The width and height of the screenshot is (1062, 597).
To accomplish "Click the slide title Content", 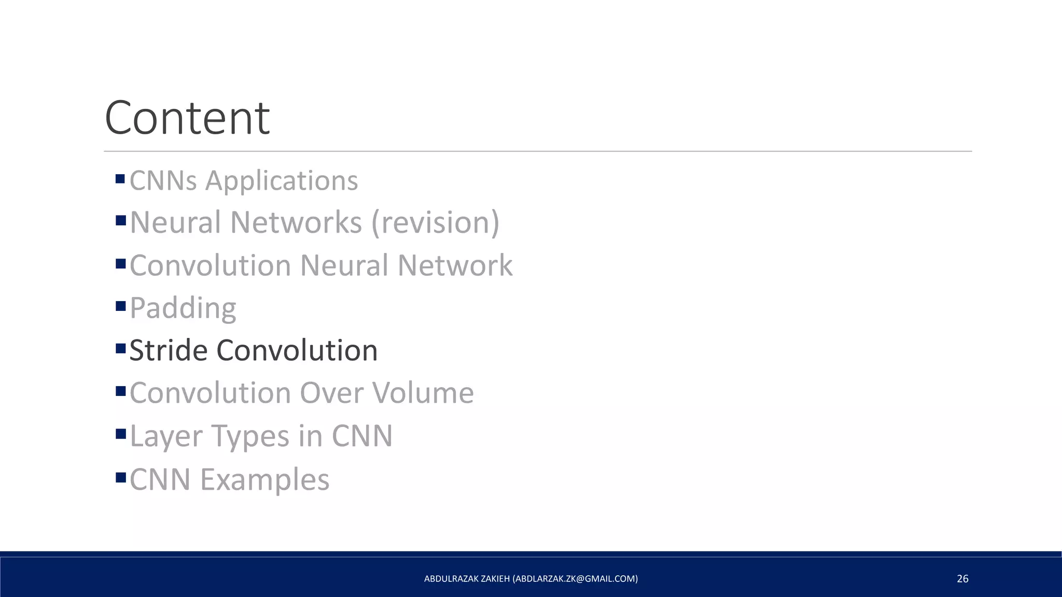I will click(x=187, y=118).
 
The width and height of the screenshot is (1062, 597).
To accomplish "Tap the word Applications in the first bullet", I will click(x=282, y=181).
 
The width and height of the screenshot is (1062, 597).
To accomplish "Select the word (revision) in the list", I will click(x=435, y=223).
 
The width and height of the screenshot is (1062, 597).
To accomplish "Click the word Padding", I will click(x=183, y=308).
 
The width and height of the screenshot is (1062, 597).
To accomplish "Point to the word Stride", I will click(x=169, y=350).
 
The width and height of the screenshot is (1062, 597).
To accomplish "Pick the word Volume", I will click(x=423, y=393).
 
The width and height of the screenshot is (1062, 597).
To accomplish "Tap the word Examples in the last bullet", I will click(x=264, y=479).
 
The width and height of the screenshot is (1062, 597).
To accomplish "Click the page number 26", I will click(x=962, y=579).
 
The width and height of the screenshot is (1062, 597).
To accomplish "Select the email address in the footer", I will click(x=575, y=579).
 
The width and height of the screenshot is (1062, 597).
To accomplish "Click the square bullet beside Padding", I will click(x=121, y=306).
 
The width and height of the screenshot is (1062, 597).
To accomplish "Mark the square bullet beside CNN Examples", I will click(x=121, y=477).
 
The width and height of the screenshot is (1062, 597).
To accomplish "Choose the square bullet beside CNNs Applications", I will click(x=120, y=179).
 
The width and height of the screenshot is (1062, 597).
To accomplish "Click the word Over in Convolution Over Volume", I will click(x=332, y=393).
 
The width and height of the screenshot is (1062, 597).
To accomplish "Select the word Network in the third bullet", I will click(x=455, y=266).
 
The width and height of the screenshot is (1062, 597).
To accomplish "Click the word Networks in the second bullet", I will click(x=296, y=223).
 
